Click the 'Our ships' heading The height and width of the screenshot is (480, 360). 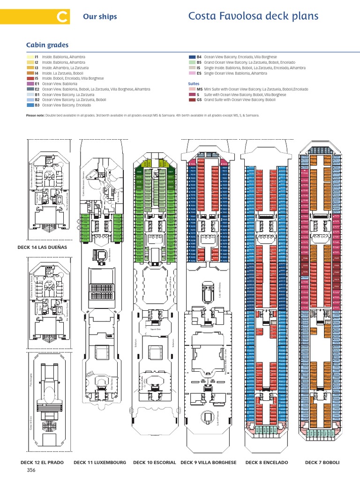click(x=100, y=17)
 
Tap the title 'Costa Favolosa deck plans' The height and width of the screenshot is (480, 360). click(x=253, y=16)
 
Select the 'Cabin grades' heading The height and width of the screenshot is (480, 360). click(x=47, y=45)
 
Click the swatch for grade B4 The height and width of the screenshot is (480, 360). click(x=192, y=57)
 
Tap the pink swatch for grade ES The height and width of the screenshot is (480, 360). click(x=192, y=73)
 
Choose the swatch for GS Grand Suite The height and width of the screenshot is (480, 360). click(x=192, y=100)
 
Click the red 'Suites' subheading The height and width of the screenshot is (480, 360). click(x=194, y=83)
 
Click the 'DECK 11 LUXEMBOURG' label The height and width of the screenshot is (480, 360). click(x=100, y=462)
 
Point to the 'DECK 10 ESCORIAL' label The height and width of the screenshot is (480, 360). click(x=155, y=462)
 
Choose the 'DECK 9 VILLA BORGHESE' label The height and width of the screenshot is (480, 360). click(x=209, y=462)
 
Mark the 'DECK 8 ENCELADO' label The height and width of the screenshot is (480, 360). click(x=267, y=462)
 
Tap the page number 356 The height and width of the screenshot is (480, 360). click(x=31, y=470)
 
